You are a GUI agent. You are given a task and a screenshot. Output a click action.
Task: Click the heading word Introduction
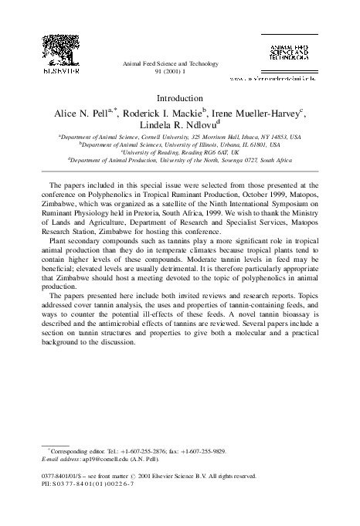coord(179,100)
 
